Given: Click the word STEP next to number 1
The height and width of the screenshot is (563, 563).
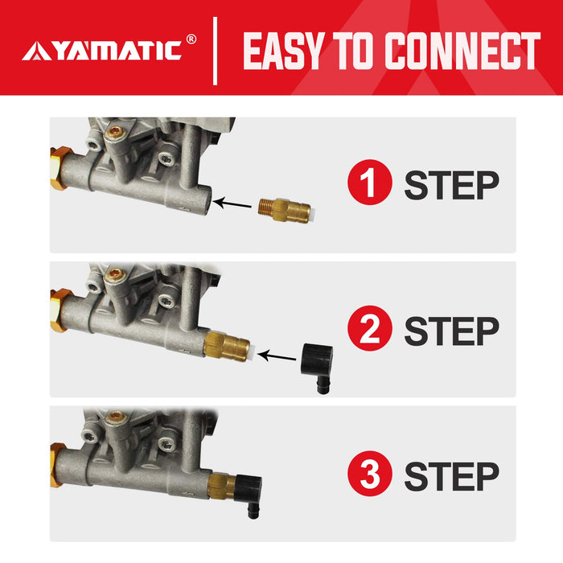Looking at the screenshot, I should tap(450, 185).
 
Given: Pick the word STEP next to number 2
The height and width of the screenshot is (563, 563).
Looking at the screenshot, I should tap(450, 331).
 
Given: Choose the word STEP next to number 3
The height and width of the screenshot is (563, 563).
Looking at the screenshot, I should tap(450, 476).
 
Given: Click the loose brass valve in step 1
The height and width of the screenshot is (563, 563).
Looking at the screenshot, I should tap(287, 211).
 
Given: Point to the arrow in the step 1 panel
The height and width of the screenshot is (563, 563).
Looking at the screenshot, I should tap(236, 205).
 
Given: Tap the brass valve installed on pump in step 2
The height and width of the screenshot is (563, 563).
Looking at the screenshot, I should tap(226, 346).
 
